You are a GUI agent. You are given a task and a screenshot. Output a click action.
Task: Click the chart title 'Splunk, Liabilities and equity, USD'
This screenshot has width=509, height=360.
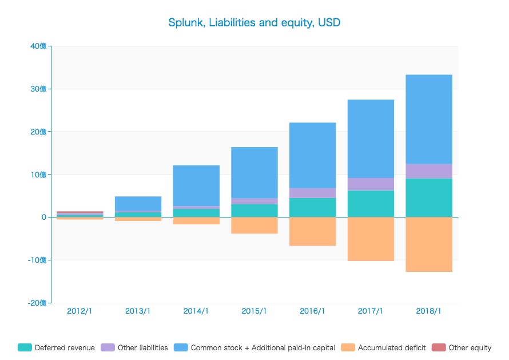click(x=254, y=23)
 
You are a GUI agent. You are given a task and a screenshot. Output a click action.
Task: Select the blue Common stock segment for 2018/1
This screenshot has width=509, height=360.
click(x=429, y=119)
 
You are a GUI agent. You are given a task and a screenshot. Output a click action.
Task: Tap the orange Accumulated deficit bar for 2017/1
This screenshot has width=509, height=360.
click(x=371, y=239)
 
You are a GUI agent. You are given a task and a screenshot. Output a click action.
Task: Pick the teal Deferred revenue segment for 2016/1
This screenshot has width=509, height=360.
click(x=312, y=207)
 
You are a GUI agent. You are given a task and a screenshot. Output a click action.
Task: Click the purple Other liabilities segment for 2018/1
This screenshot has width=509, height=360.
click(x=429, y=171)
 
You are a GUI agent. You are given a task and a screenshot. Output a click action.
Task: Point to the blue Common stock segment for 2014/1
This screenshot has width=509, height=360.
click(x=196, y=185)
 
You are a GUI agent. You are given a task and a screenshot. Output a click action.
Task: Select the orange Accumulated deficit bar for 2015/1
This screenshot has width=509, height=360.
click(x=254, y=225)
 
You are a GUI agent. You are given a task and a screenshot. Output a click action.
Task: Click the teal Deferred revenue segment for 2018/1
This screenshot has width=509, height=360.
click(x=429, y=197)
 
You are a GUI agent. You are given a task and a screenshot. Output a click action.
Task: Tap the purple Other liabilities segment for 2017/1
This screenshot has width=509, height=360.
click(x=371, y=184)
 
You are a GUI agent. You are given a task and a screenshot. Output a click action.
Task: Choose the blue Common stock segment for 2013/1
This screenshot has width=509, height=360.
click(x=138, y=203)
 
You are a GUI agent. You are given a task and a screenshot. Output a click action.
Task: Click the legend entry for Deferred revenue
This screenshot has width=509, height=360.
click(x=57, y=347)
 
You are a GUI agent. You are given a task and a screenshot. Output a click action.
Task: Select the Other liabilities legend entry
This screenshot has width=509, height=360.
click(x=135, y=347)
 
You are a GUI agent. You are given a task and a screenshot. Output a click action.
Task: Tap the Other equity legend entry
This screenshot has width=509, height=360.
click(x=462, y=347)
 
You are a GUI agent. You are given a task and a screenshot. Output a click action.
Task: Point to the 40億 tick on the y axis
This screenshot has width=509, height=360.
click(x=39, y=46)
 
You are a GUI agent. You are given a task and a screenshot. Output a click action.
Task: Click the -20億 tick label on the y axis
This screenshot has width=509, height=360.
click(x=37, y=303)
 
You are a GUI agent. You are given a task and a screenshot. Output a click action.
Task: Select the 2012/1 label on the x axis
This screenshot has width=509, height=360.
click(x=79, y=311)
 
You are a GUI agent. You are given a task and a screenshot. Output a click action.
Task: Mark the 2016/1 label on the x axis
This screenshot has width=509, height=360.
click(x=312, y=311)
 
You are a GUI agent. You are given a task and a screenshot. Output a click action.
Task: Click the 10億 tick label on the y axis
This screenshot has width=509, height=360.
click(x=39, y=174)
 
